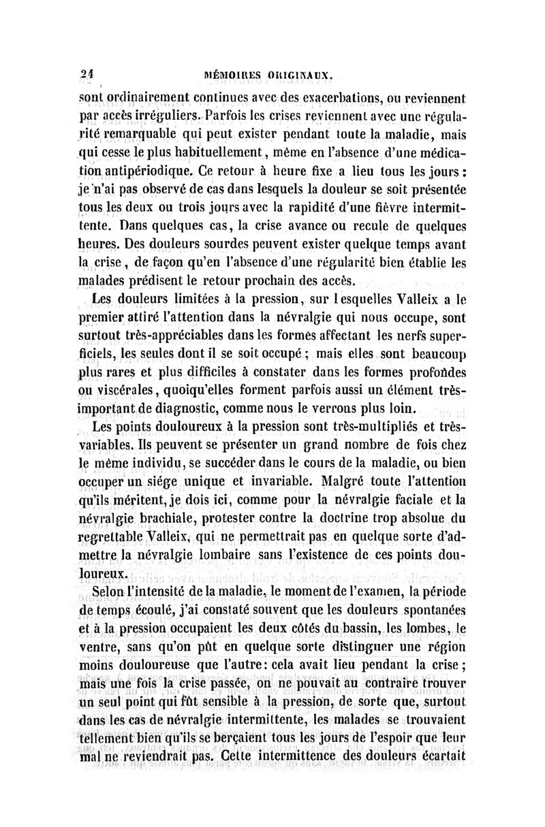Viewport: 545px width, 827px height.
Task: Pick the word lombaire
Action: coord(232,555)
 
